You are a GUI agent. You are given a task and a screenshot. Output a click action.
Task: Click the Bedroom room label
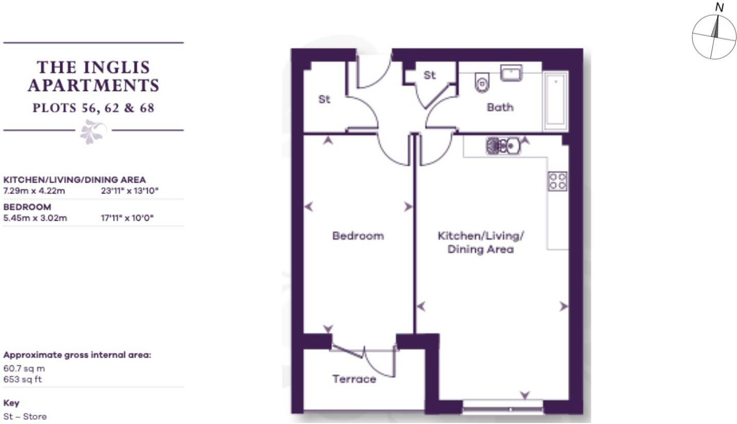coord(358,236)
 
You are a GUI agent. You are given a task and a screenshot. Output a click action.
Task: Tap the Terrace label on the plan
coord(354,379)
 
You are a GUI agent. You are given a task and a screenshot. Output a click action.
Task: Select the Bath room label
coord(500,108)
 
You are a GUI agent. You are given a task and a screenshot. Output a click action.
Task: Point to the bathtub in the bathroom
coord(555,101)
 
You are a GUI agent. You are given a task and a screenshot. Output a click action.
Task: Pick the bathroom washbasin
coord(511,74)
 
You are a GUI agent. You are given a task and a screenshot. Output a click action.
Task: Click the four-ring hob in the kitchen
coord(558,181)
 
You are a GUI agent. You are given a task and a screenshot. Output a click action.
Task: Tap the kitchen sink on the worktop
coord(503,146)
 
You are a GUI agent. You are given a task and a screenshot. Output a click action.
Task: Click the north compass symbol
coord(714,37)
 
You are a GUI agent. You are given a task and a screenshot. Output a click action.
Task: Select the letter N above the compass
coord(720,7)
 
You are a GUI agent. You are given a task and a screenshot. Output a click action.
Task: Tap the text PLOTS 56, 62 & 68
coord(94,109)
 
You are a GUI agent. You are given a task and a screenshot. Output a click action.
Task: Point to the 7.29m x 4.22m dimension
coord(34,191)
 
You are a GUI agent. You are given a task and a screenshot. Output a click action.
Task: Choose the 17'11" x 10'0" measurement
coord(127,218)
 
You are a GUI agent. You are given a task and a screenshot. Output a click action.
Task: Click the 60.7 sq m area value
coord(24,368)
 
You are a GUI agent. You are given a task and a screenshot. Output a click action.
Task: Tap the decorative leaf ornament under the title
coord(94,131)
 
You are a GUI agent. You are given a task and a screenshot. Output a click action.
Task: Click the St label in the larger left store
coord(324,99)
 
